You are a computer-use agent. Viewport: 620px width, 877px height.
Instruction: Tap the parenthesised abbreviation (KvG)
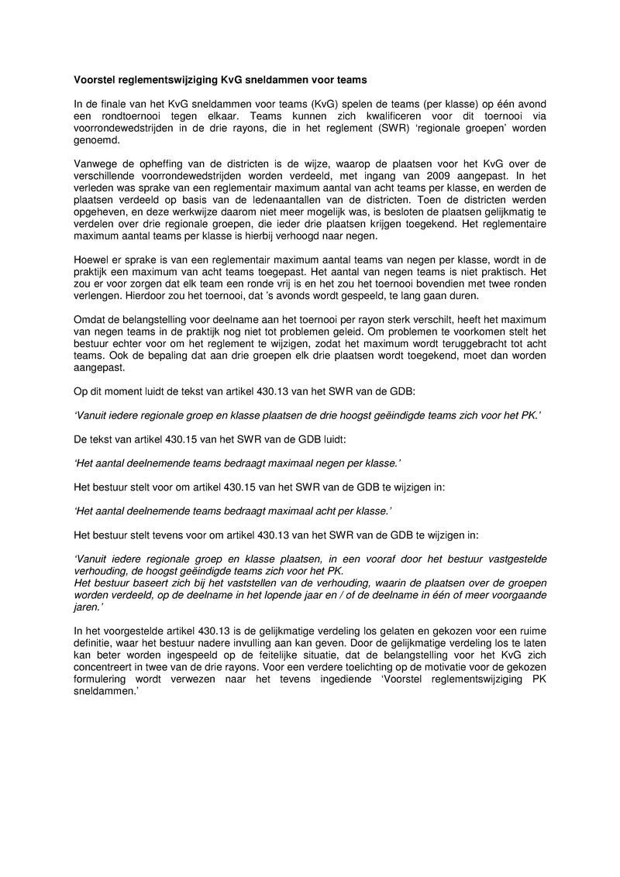[325, 104]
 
